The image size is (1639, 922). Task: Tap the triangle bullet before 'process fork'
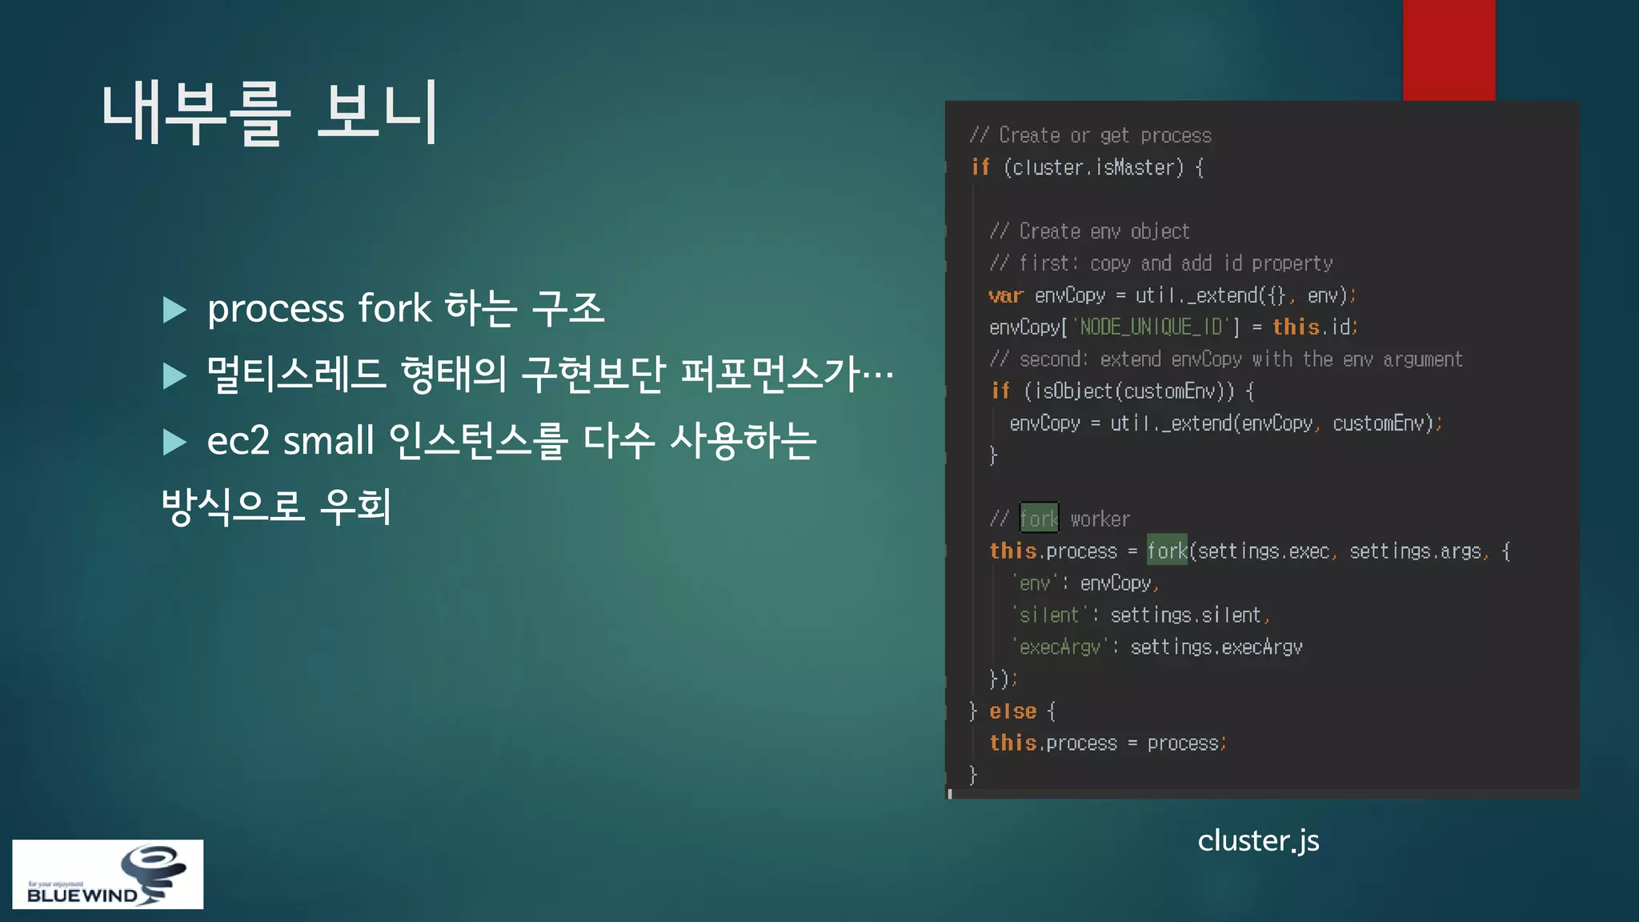tap(174, 310)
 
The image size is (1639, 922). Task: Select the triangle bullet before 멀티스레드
tap(174, 375)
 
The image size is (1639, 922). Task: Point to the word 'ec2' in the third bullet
tap(238, 441)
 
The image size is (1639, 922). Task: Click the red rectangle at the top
tap(1449, 50)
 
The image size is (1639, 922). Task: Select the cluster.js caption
tap(1258, 840)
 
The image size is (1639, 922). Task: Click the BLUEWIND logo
tap(108, 874)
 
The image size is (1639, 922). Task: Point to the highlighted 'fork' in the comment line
tap(1039, 519)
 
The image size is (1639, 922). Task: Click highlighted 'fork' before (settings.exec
tap(1167, 551)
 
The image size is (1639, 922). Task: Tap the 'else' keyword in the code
tap(1012, 711)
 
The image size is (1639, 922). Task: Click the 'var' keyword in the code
tap(1006, 295)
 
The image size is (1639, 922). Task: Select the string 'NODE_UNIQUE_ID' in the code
tap(1149, 327)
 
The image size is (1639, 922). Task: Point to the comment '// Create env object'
tap(1089, 231)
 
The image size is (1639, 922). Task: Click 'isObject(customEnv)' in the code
tap(1128, 391)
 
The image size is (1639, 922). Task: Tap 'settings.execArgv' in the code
tap(1216, 647)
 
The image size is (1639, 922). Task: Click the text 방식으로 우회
tap(276, 507)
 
